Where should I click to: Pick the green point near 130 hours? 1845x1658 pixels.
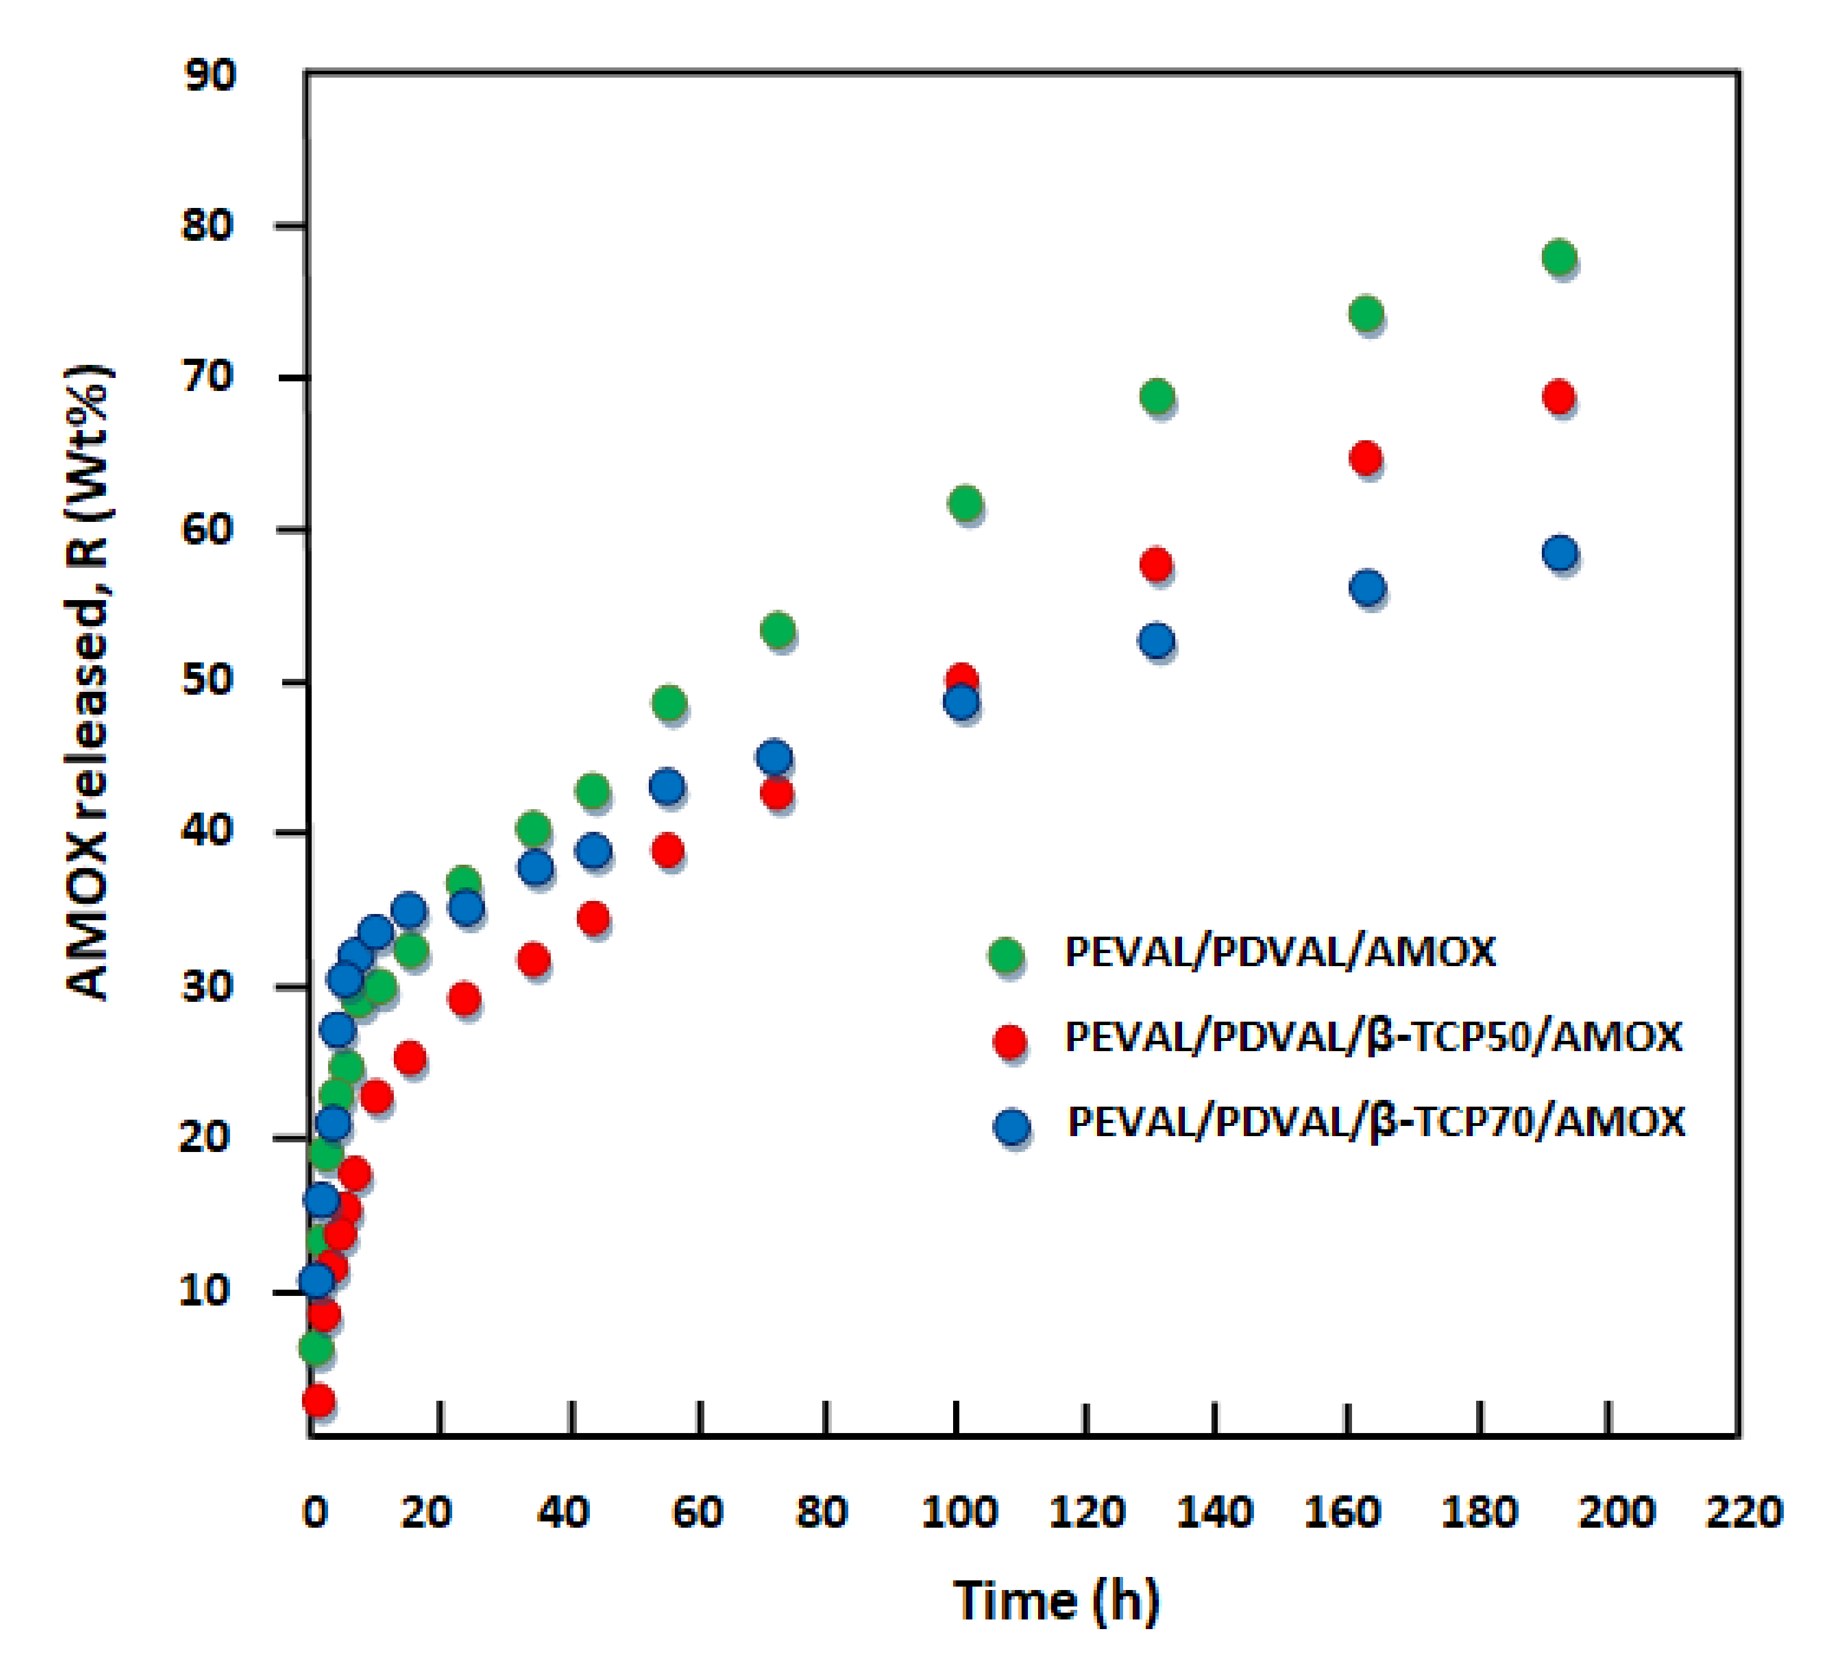pos(1156,396)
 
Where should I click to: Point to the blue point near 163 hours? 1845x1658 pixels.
pos(1367,588)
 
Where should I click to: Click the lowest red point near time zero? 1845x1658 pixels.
pos(318,1400)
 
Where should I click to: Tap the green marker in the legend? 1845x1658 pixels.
pos(1006,955)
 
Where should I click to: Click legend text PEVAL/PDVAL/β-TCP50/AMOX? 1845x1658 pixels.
pos(1372,1037)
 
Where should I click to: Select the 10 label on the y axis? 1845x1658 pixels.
pos(204,1290)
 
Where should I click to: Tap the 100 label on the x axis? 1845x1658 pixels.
pos(959,1513)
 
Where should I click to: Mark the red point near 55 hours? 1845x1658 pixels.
pos(668,851)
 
